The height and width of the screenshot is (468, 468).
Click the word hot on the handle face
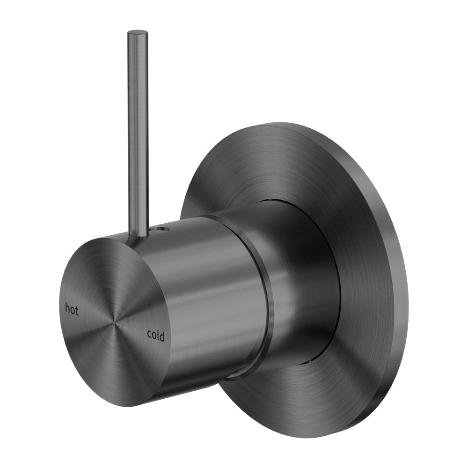[72, 309]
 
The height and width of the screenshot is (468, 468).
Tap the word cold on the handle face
[155, 335]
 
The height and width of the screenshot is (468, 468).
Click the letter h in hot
[67, 308]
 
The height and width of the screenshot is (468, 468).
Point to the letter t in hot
[77, 311]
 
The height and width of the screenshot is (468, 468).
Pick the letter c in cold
[149, 335]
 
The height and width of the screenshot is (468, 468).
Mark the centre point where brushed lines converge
[112, 322]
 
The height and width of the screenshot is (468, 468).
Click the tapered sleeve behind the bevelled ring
[304, 290]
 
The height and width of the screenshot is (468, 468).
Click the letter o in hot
[73, 310]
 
